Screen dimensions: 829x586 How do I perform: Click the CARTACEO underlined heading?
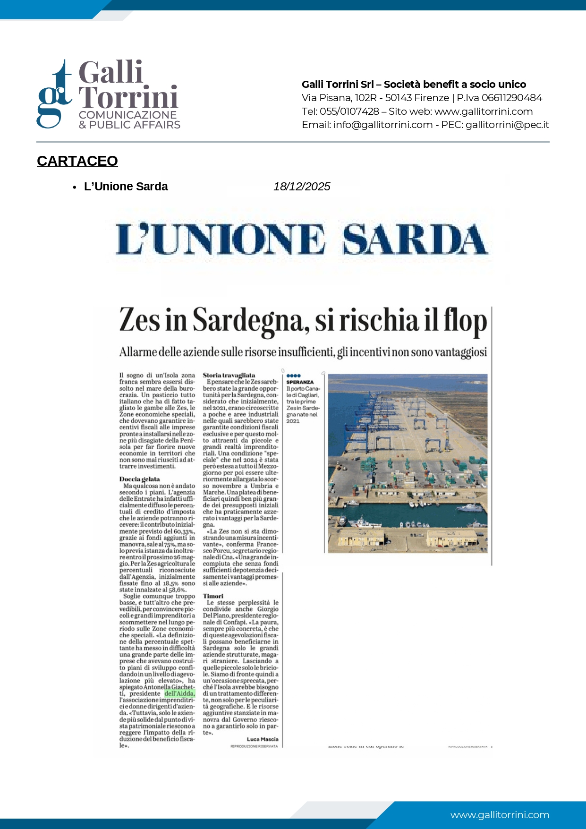(x=77, y=161)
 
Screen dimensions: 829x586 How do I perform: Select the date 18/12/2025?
(x=302, y=187)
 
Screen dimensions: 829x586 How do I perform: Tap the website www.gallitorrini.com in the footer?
(x=500, y=815)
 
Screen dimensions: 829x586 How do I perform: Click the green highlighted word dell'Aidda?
(x=179, y=693)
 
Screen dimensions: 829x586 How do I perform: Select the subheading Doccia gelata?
(x=139, y=479)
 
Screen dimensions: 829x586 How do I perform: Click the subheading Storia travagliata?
(x=229, y=375)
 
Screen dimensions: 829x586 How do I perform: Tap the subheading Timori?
(x=213, y=596)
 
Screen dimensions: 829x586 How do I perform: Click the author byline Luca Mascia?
(x=263, y=739)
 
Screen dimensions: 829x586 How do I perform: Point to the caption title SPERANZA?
(x=300, y=382)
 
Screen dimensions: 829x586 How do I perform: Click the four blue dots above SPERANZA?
(x=293, y=376)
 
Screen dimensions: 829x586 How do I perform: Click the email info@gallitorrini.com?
(x=383, y=125)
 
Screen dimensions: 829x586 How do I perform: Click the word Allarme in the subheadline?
(x=137, y=352)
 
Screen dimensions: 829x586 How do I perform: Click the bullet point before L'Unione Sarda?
(x=75, y=187)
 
